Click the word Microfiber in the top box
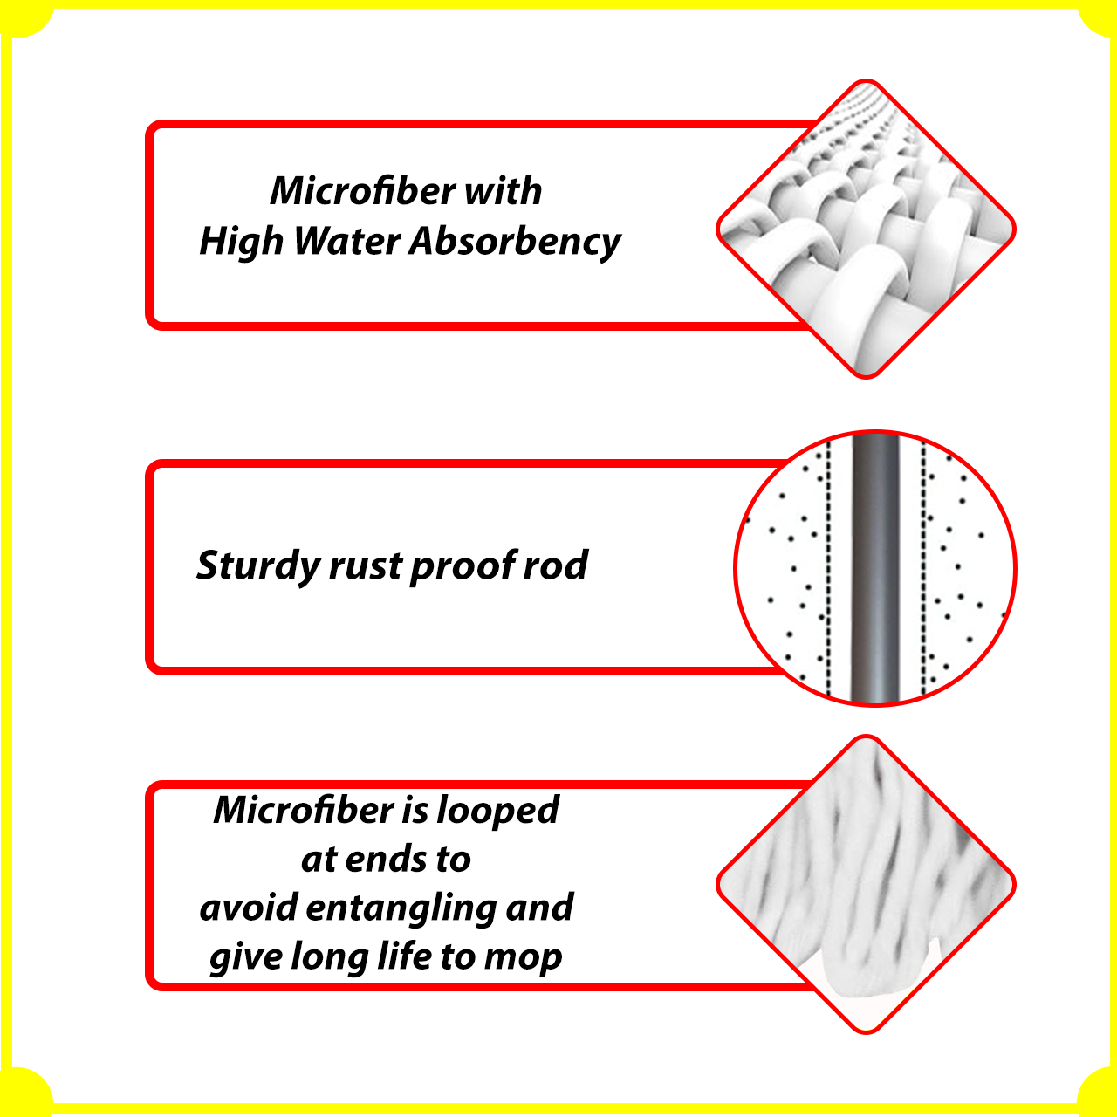click(x=362, y=191)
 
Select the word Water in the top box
click(x=346, y=241)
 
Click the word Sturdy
click(x=258, y=566)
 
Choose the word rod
click(x=556, y=565)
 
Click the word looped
click(x=498, y=811)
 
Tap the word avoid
click(x=248, y=907)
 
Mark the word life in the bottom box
click(x=405, y=956)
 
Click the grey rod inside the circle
click(x=875, y=568)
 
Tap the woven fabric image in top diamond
click(x=866, y=229)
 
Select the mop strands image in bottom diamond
click(x=866, y=885)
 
